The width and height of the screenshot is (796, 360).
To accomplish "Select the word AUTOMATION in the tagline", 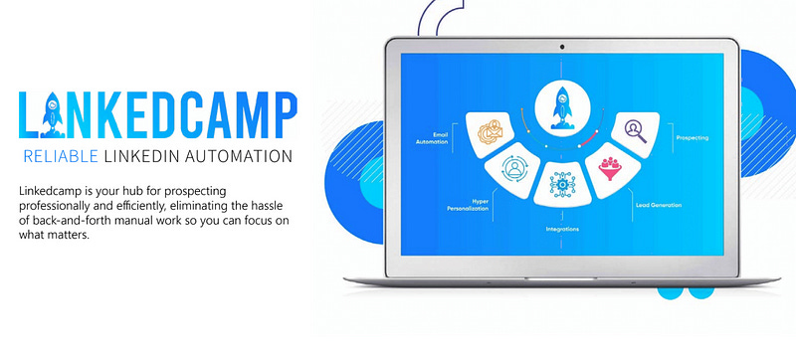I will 243,156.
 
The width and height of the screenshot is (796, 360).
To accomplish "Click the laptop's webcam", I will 563,47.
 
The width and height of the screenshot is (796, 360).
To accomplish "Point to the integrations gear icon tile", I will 562,184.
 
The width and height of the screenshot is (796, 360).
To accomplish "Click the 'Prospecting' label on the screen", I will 693,137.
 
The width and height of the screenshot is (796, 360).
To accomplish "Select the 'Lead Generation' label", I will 658,204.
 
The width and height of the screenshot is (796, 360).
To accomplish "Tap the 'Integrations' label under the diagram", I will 562,229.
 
